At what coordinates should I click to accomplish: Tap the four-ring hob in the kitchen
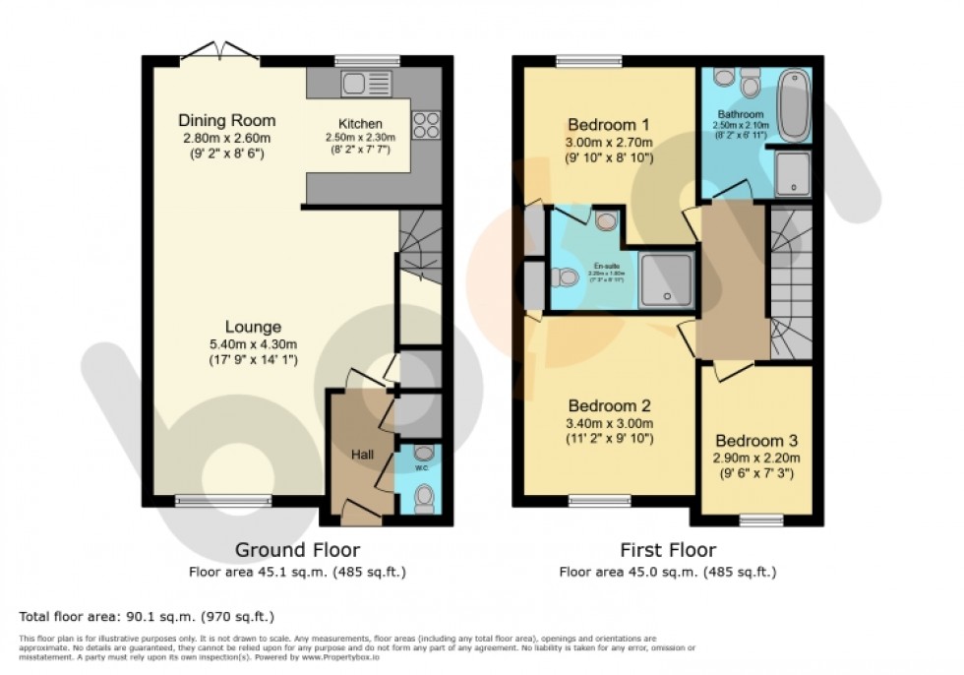(x=426, y=124)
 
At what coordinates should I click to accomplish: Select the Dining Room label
(x=227, y=121)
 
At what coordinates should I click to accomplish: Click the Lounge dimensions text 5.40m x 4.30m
(x=253, y=343)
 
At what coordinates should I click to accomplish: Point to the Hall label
(x=363, y=455)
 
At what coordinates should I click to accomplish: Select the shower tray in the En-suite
(x=665, y=278)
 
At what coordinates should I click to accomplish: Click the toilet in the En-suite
(x=565, y=277)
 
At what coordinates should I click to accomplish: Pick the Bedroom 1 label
(x=609, y=125)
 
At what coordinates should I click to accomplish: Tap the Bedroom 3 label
(x=755, y=441)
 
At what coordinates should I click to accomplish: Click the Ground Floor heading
(x=297, y=550)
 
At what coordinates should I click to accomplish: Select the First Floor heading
(x=667, y=550)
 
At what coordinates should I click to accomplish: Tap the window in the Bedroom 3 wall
(x=760, y=518)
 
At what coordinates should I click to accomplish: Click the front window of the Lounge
(x=222, y=500)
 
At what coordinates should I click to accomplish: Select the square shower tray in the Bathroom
(x=793, y=173)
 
